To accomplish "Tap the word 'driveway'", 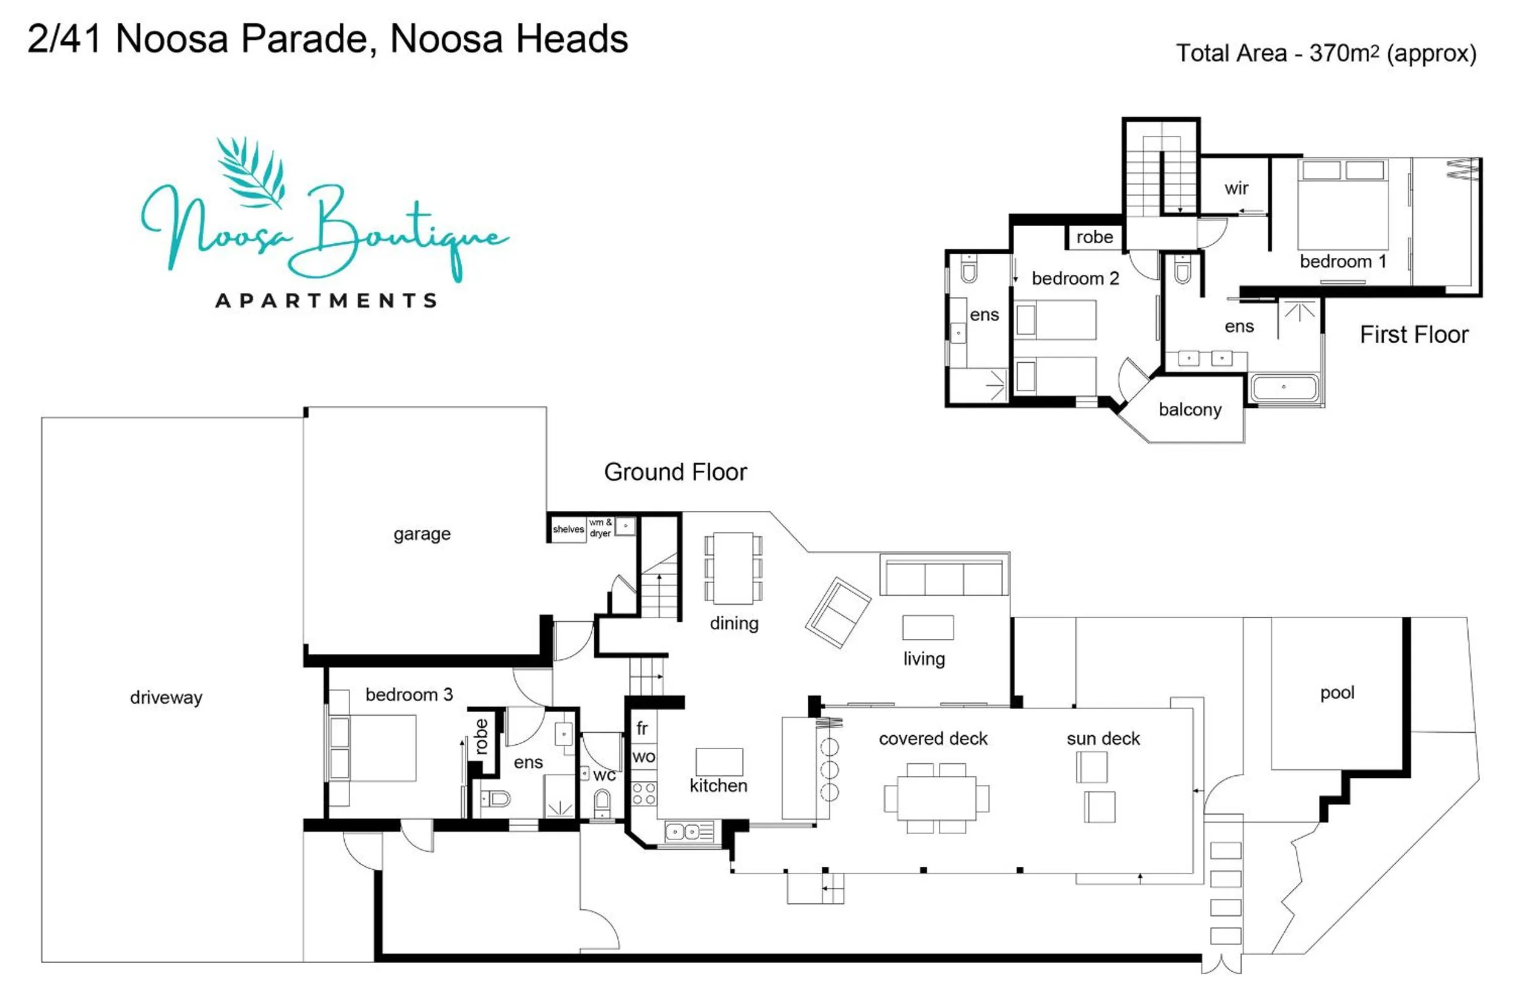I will click(x=166, y=697).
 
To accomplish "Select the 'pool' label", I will click(x=1337, y=692).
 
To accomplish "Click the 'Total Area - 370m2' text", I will click(x=1326, y=54).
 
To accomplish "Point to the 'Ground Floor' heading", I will click(x=675, y=472).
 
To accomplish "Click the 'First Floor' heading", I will click(x=1413, y=335).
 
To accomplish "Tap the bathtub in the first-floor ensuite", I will click(x=1284, y=387).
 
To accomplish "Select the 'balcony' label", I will click(x=1190, y=410).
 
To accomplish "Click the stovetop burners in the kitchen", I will click(x=644, y=794).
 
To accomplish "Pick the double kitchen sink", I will click(x=682, y=831).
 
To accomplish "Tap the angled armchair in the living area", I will click(x=838, y=612).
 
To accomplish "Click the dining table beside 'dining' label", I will click(x=733, y=568).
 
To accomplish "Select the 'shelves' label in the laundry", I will click(x=568, y=529).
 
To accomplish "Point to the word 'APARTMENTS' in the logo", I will click(x=326, y=301).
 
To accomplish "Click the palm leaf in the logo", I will click(x=251, y=171).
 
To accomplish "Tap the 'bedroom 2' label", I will click(x=1075, y=278).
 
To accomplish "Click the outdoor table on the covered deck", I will click(x=936, y=798).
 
